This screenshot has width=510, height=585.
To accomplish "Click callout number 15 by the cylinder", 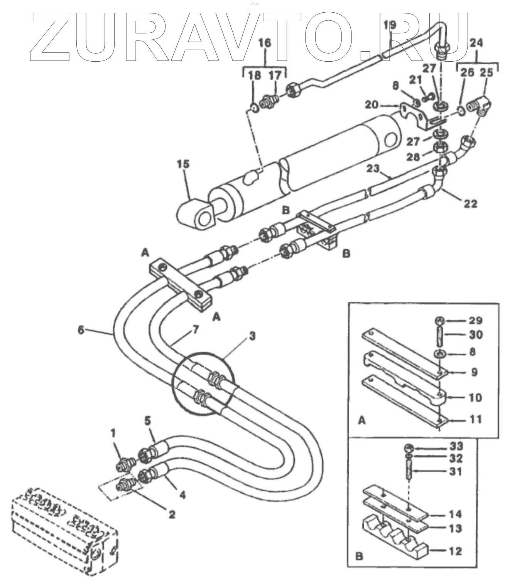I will [x=184, y=165].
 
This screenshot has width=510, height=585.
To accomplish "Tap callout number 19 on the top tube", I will [x=390, y=26].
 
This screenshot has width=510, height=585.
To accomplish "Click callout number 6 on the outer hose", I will [x=81, y=330].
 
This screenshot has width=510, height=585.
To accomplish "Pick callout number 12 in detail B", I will [x=455, y=551].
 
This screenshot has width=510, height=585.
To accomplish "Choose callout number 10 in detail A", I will [x=475, y=397].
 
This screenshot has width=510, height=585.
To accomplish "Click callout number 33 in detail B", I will [x=456, y=447].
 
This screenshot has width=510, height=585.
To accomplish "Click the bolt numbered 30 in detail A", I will [x=439, y=336].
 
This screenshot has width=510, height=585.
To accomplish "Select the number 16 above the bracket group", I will [x=265, y=42].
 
